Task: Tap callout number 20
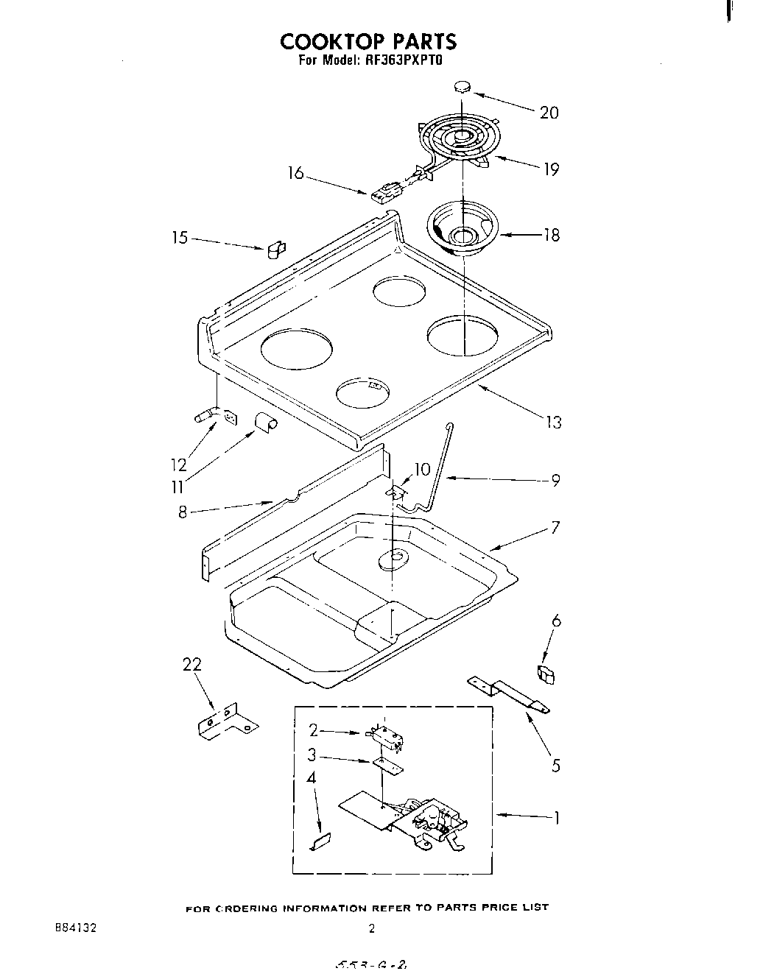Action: pos(549,113)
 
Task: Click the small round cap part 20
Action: pos(463,87)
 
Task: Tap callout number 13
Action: pos(553,422)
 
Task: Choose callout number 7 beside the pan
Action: pos(555,527)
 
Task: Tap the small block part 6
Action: pos(545,674)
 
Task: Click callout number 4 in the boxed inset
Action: pos(312,777)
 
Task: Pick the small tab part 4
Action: pos(321,841)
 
